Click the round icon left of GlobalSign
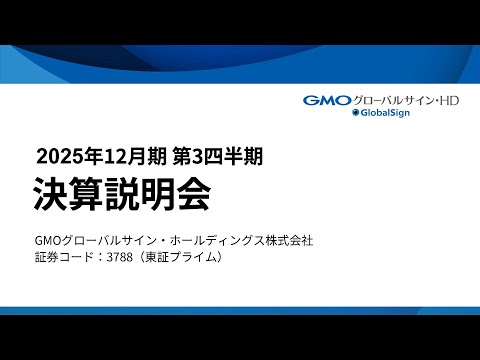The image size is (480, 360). [x=355, y=114]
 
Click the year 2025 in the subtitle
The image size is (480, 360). [x=57, y=155]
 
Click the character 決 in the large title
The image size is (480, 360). [x=51, y=193]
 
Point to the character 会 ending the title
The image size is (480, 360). [x=193, y=193]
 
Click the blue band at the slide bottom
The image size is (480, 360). [x=240, y=310]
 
